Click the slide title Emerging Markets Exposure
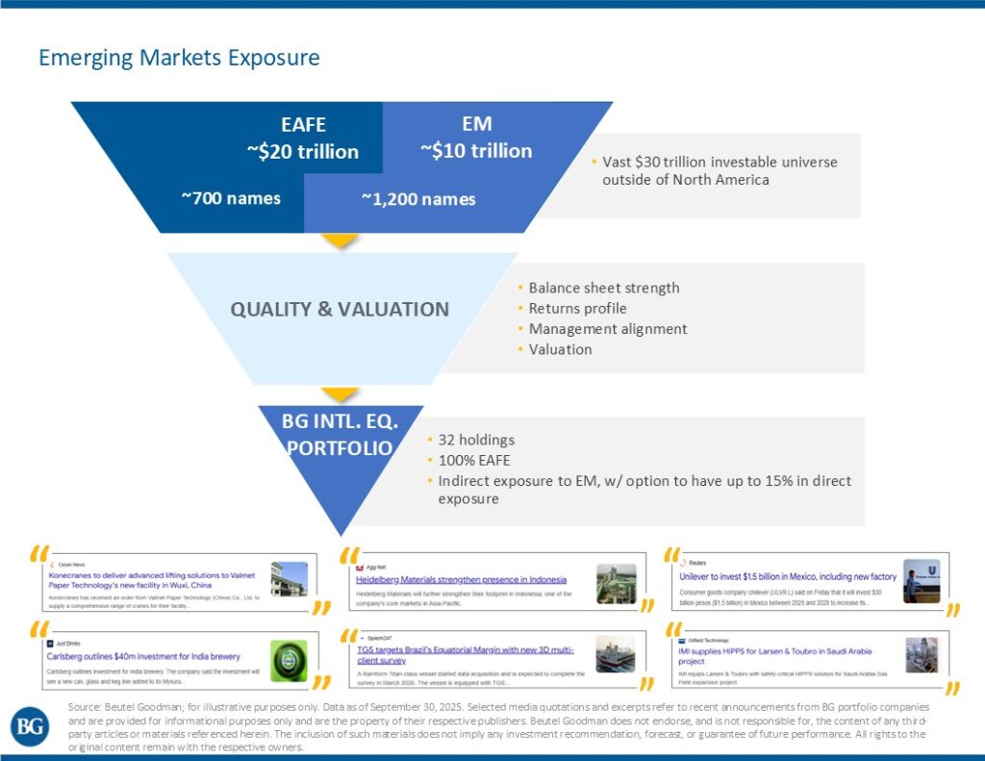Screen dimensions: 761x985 pyautogui.click(x=179, y=58)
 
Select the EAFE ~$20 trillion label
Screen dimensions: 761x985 pyautogui.click(x=303, y=139)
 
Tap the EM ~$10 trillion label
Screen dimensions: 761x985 pyautogui.click(x=476, y=138)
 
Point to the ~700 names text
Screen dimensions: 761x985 pyautogui.click(x=231, y=198)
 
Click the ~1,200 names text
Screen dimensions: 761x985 pyautogui.click(x=418, y=199)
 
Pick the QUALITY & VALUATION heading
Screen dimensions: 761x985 pyautogui.click(x=340, y=310)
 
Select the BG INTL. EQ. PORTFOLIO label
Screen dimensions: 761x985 pyautogui.click(x=340, y=434)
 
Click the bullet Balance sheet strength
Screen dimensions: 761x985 pyautogui.click(x=604, y=288)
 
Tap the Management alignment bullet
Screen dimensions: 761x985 pyautogui.click(x=608, y=329)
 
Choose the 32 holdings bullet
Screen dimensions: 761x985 pyautogui.click(x=476, y=440)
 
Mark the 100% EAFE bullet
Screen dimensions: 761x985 pyautogui.click(x=475, y=460)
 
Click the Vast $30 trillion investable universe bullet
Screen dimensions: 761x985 pyautogui.click(x=720, y=170)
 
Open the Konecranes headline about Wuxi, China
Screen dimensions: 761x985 pyautogui.click(x=152, y=580)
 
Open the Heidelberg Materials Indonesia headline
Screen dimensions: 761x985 pyautogui.click(x=461, y=580)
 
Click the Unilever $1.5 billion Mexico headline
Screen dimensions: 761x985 pyautogui.click(x=788, y=576)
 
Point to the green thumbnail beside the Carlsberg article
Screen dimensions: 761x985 pyautogui.click(x=289, y=661)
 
